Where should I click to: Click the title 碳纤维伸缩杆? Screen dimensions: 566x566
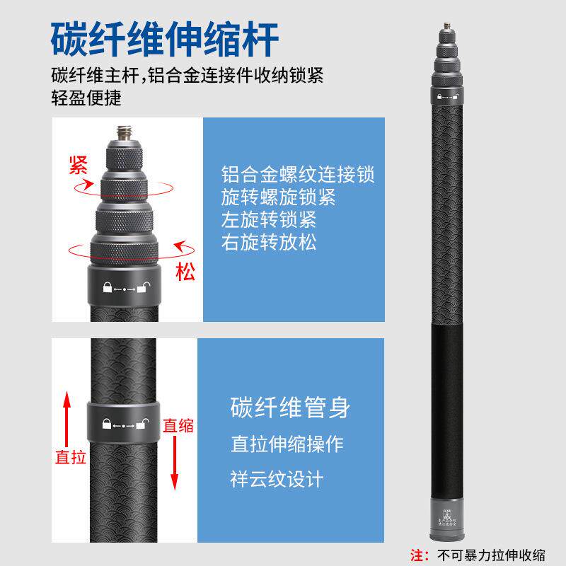click(164, 40)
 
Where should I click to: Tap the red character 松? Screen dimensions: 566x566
click(185, 272)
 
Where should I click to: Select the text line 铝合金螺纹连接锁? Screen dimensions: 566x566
click(298, 174)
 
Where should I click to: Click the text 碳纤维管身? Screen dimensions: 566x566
click(290, 408)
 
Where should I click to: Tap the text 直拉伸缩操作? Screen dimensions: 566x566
click(287, 444)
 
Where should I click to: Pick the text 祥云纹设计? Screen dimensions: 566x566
click(277, 479)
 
